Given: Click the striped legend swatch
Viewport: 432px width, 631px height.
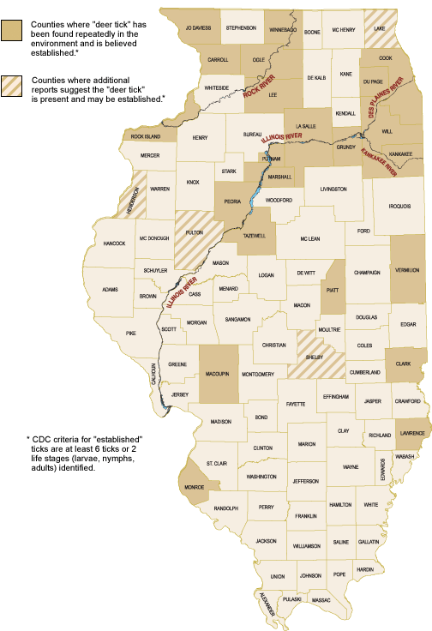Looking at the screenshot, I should tap(13, 86).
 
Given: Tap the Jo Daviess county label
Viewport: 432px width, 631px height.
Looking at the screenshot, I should tap(199, 28).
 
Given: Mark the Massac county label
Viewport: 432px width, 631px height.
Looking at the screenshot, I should tap(321, 600).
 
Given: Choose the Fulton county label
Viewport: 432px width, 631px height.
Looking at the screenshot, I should tap(194, 231).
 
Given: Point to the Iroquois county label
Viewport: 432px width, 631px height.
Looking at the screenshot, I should tap(399, 207).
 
